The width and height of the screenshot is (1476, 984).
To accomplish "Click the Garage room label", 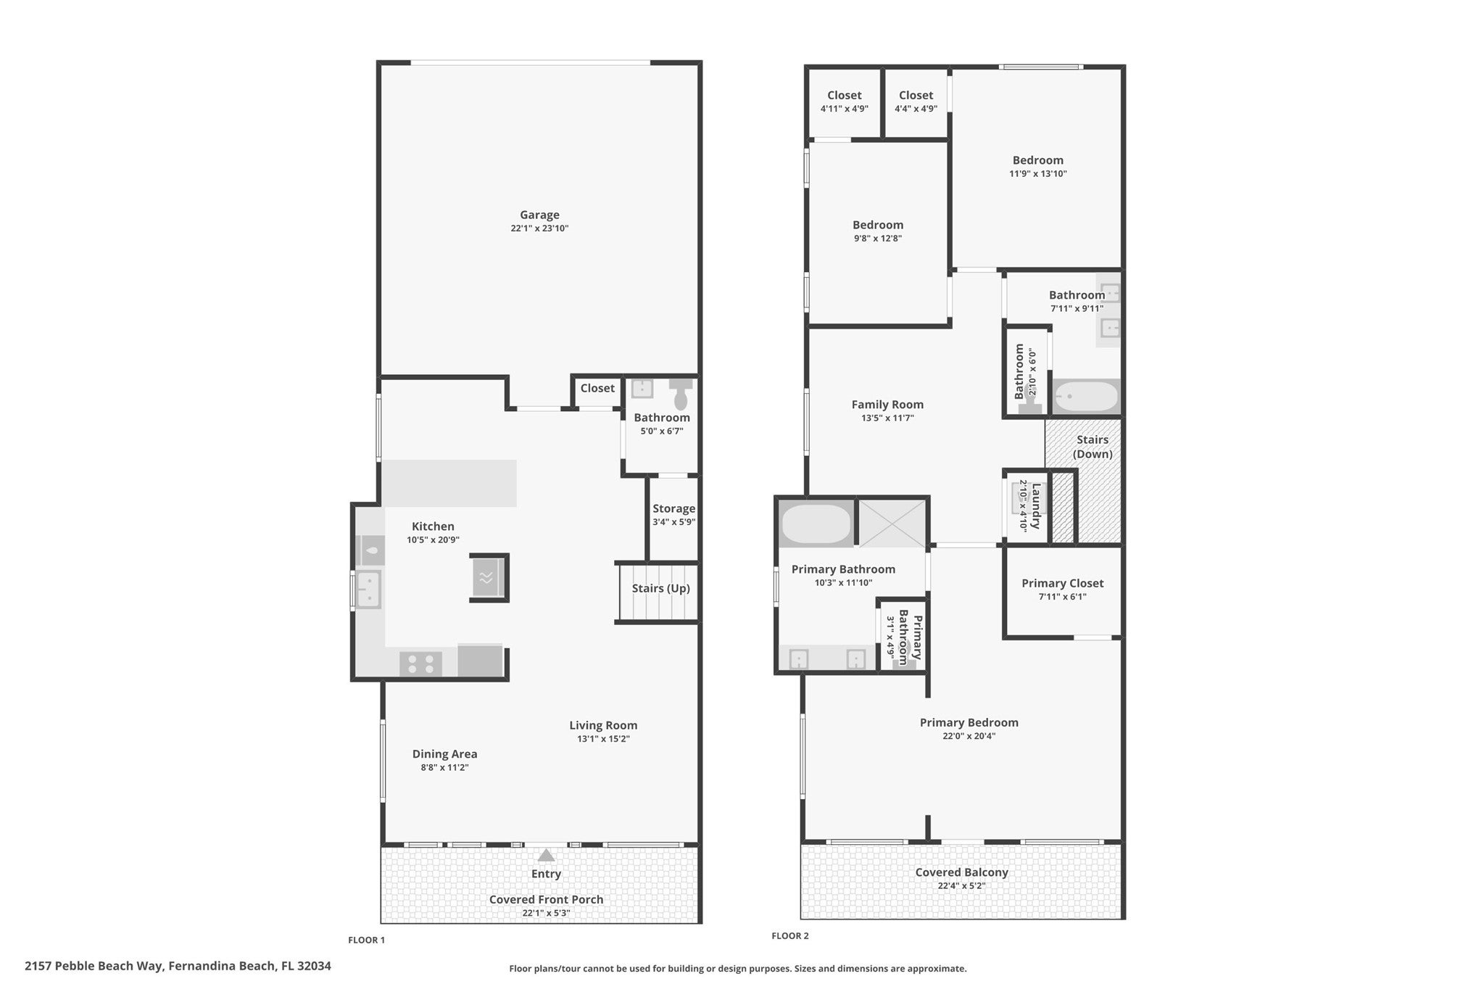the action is (539, 215).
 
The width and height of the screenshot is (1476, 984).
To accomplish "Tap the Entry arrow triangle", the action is (546, 856).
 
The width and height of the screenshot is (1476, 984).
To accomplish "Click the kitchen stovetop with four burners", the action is (420, 663).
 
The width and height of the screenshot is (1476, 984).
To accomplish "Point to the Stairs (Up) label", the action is (660, 588).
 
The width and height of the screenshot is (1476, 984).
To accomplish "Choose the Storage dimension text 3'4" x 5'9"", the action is (673, 522).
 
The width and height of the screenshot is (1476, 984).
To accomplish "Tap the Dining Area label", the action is (444, 754).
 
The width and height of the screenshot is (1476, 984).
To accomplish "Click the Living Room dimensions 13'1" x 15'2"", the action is (603, 739).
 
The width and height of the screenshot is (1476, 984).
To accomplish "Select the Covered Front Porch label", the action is (546, 899).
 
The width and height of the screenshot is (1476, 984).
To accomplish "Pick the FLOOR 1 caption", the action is (366, 940).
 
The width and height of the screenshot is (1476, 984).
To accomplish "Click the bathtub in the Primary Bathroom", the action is (816, 524).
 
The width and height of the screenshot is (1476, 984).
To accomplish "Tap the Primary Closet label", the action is (1062, 583).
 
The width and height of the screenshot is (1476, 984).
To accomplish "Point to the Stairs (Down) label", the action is (1093, 447).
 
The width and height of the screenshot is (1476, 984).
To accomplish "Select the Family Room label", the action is (887, 405).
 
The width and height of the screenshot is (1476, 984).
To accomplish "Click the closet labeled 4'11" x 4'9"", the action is (844, 102).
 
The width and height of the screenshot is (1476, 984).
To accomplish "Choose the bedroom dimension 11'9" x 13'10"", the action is (1038, 174).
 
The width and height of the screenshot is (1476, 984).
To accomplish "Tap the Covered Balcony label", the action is (961, 872).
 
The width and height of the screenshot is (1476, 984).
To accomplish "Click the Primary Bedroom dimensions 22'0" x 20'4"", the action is (969, 736).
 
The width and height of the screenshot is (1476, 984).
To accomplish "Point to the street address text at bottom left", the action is (178, 966).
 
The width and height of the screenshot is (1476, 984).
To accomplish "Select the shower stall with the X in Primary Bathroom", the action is (892, 524).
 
